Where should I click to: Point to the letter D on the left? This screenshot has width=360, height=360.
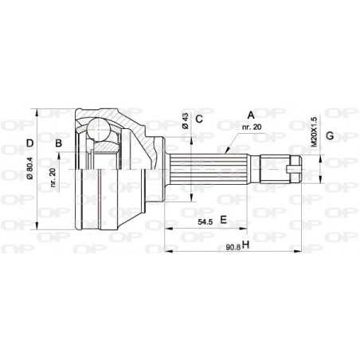click(29, 144)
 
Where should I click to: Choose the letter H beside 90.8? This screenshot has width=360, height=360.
click(245, 244)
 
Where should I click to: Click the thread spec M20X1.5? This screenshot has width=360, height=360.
click(313, 132)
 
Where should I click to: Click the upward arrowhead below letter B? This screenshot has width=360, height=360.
click(63, 161)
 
